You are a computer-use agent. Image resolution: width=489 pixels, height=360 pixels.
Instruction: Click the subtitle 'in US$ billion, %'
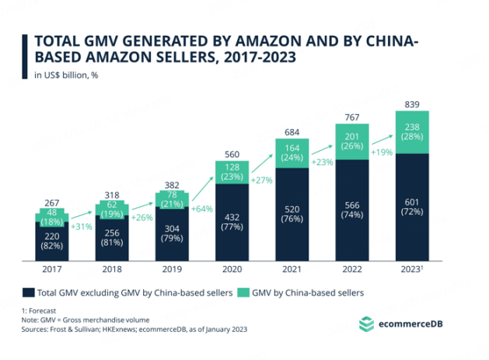pyautogui.click(x=65, y=75)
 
